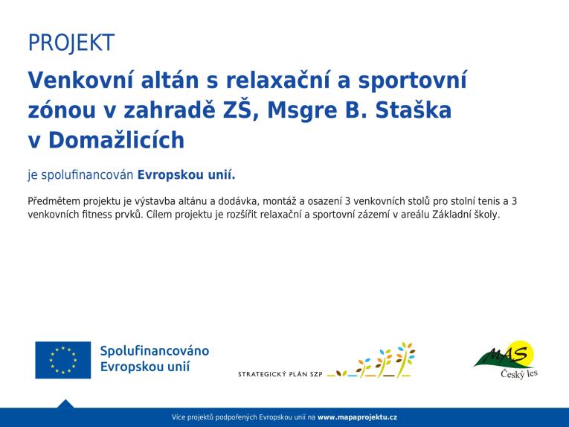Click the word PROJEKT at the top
tap(71, 42)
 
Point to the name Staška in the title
tap(414, 110)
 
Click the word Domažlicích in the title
tap(116, 140)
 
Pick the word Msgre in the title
tap(302, 111)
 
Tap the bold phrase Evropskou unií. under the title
tap(186, 175)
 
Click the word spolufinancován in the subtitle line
tap(88, 175)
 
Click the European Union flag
tap(63, 360)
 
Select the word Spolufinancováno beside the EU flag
tap(155, 351)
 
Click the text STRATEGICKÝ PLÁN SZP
tap(280, 374)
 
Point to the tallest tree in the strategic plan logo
tap(405, 359)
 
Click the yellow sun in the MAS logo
tap(523, 352)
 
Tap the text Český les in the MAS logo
tap(519, 373)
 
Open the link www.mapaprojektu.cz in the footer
tap(357, 417)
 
